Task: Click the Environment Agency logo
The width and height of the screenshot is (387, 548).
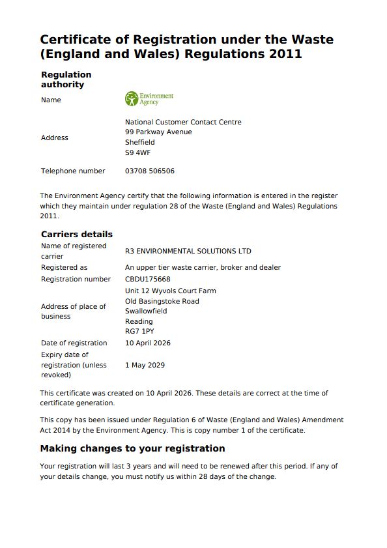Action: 149,99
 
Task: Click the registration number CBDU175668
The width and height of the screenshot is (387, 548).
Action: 147,279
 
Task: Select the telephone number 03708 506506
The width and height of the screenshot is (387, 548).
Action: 149,171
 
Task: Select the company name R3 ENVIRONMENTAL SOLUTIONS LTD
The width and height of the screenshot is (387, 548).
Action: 188,251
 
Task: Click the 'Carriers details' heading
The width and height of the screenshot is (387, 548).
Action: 77,234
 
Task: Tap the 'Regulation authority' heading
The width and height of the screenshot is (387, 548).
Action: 66,79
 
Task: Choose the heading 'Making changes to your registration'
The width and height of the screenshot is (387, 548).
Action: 132,448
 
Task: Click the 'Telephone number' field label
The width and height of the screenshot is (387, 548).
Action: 73,171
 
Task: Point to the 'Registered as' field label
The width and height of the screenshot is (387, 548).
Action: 64,267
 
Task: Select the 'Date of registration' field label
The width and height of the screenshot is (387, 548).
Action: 74,343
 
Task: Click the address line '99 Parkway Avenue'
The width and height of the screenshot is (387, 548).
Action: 158,132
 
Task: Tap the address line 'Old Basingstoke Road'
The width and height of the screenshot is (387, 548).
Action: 162,301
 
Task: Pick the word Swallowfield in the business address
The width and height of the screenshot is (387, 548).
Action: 146,311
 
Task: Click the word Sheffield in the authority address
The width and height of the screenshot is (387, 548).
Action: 139,142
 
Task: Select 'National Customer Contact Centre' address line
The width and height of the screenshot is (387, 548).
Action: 182,122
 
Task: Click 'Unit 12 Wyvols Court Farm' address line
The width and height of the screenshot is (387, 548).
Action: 170,291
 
